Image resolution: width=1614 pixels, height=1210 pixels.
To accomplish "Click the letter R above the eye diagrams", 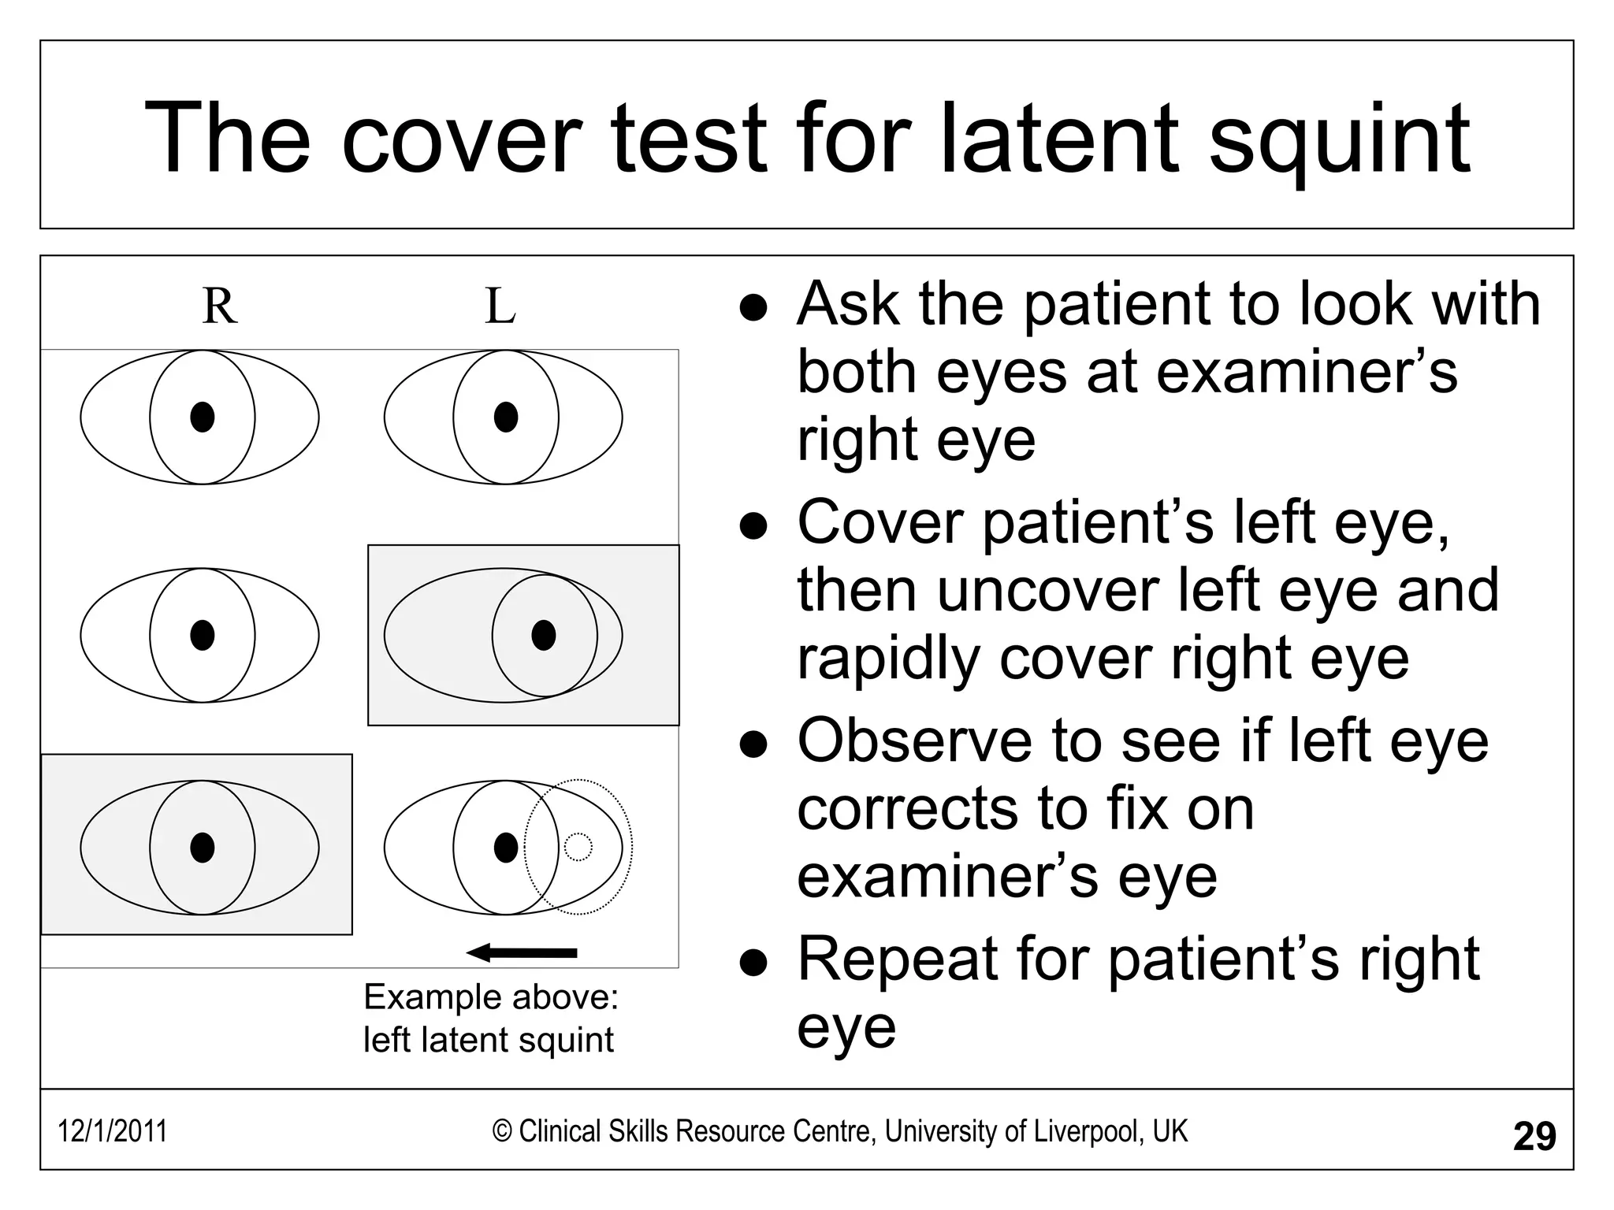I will click(x=219, y=306).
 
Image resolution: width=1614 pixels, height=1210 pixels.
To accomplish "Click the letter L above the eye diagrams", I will click(x=500, y=306).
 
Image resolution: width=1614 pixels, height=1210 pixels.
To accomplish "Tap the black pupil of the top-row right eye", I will click(x=203, y=417).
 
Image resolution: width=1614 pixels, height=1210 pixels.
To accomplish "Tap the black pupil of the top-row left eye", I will click(x=506, y=417).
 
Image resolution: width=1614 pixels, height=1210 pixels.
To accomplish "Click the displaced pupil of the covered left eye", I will click(x=544, y=635).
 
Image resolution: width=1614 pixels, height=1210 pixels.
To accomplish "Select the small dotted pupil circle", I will click(x=578, y=847).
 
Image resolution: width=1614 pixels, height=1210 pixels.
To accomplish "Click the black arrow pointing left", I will click(x=522, y=953).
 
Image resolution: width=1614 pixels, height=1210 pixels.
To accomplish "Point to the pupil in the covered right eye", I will click(x=203, y=848).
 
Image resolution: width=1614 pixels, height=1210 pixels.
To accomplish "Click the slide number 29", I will click(x=1534, y=1137).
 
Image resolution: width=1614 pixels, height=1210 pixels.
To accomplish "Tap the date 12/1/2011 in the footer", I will click(x=112, y=1131).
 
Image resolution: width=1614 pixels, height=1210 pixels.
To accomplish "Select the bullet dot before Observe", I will click(x=753, y=744).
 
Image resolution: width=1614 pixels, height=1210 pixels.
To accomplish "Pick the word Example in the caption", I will click(x=422, y=997).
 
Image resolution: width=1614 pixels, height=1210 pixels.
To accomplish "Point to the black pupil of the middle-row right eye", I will click(x=203, y=635).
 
